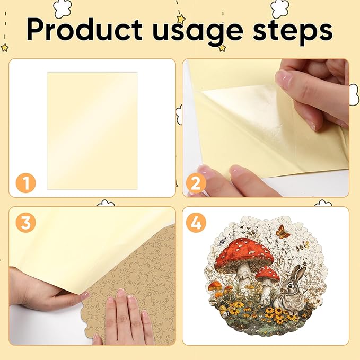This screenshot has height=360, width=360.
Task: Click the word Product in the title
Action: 84,30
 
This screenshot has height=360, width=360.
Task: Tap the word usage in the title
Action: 198,32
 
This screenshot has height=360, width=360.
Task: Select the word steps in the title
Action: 293,32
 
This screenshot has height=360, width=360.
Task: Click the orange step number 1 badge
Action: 25,183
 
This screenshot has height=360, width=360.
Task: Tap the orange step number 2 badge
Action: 196,183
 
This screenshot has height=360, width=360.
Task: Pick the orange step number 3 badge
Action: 25,223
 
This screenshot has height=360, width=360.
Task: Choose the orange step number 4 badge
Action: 196,223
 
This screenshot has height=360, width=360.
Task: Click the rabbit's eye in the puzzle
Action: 289,286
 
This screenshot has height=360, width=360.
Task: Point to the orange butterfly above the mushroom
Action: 282,232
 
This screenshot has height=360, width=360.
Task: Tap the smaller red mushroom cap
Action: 268,274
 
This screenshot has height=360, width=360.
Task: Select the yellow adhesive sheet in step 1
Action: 92,131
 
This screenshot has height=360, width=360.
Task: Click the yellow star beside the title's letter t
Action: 181,19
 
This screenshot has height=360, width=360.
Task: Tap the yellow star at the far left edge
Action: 4,48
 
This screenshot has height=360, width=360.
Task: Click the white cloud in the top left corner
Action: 63,8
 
